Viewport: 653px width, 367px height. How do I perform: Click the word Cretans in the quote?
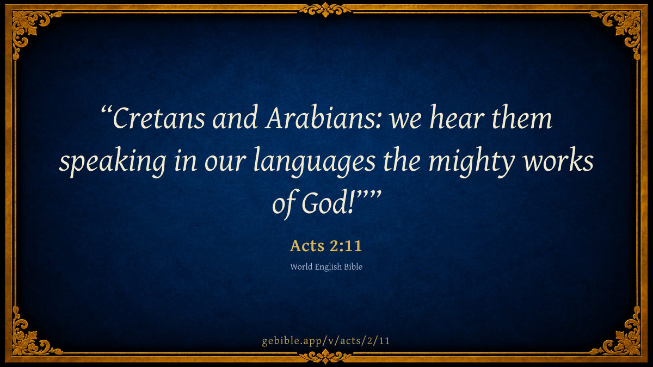[x=159, y=117]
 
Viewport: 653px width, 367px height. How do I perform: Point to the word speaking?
[x=113, y=161]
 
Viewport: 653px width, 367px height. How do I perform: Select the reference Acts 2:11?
[x=326, y=246]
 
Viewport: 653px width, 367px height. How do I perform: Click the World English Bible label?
[x=326, y=267]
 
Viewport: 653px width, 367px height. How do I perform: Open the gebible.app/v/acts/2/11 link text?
[x=326, y=341]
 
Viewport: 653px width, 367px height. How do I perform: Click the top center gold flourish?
[x=325, y=10]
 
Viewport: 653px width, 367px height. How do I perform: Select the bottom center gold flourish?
[x=325, y=357]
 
